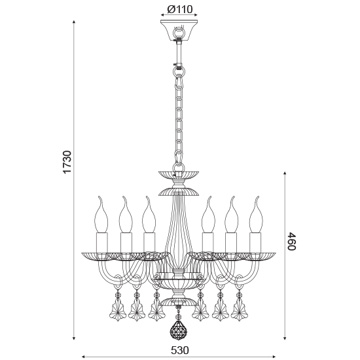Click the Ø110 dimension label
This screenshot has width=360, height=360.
[179, 10]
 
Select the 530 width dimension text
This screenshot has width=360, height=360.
[180, 350]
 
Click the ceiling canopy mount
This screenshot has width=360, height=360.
[179, 29]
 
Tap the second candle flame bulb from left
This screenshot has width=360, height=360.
[122, 209]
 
